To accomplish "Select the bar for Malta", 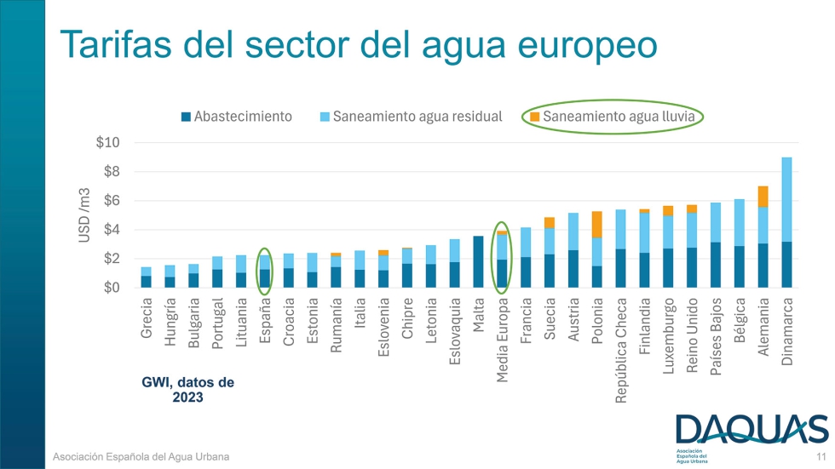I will (478, 261).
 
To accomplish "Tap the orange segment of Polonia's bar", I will (597, 224).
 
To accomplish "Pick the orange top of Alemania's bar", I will (763, 197).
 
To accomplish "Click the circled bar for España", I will (265, 272).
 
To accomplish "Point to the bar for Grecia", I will (147, 277).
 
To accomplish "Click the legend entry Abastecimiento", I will (237, 116).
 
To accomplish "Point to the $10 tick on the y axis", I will (107, 142).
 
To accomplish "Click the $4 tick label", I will (111, 230).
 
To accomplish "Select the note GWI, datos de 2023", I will (187, 390).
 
